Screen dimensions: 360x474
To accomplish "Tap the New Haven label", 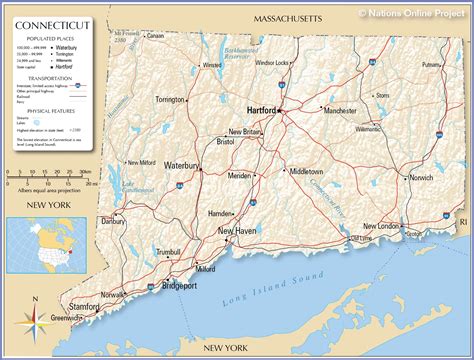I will [239, 232].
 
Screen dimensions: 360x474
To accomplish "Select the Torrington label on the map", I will [170, 100].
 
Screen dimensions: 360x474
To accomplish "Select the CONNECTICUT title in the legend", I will [45, 19].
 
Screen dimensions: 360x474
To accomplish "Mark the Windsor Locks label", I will [272, 63].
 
